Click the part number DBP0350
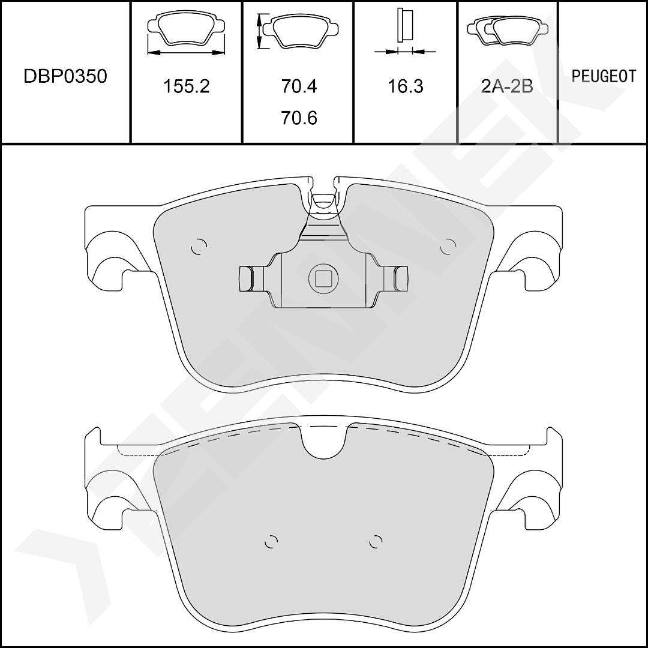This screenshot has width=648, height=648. pyautogui.click(x=65, y=76)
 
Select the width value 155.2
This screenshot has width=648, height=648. pyautogui.click(x=187, y=86)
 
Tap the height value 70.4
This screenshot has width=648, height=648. pyautogui.click(x=299, y=86)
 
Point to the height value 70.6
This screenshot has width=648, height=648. pyautogui.click(x=299, y=118)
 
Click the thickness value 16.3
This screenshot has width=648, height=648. pyautogui.click(x=406, y=86)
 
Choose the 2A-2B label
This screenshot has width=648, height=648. pyautogui.click(x=507, y=86)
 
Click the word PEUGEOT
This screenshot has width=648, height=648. pyautogui.click(x=604, y=76)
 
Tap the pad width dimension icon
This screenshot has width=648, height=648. pyautogui.click(x=186, y=33)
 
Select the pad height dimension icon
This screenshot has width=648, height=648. pyautogui.click(x=298, y=31)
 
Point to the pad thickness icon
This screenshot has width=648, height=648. pyautogui.click(x=405, y=31)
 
